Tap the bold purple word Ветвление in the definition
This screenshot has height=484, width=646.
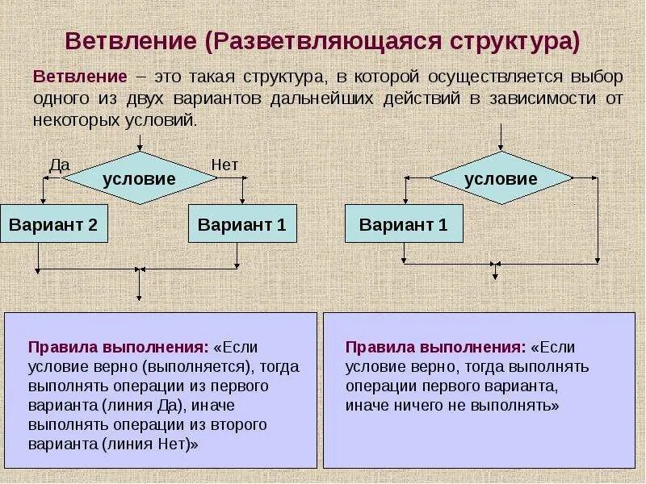[80, 77]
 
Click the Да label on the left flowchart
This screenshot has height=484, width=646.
[60, 165]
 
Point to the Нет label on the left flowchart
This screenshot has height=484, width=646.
[224, 165]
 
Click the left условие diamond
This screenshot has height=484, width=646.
[140, 179]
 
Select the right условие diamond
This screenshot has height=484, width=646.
[501, 178]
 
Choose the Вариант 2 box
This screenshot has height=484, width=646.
[53, 224]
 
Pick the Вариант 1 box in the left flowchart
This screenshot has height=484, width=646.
[242, 224]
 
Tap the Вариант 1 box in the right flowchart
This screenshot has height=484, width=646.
[404, 224]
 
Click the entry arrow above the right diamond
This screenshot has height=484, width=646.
[501, 137]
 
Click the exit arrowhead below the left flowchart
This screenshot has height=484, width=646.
[141, 299]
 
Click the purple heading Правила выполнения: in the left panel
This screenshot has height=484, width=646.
[119, 348]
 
